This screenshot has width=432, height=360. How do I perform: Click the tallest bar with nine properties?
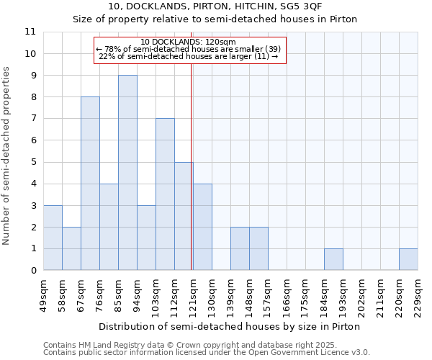tap(127, 173)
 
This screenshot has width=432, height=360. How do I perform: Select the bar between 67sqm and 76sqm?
tap(90, 184)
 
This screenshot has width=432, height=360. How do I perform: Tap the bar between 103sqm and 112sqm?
tap(165, 194)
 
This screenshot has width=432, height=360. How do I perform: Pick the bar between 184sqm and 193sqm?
tap(333, 260)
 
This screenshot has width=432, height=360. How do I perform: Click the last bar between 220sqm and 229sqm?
tap(408, 260)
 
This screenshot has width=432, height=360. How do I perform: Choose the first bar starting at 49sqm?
tap(53, 238)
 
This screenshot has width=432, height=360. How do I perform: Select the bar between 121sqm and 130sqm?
tap(202, 227)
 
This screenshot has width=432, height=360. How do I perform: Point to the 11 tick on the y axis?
tap(30, 32)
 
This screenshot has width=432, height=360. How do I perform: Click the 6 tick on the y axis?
tap(32, 140)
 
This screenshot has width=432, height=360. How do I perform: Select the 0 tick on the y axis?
tap(32, 271)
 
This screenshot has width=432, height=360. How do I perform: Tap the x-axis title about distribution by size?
tap(229, 326)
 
